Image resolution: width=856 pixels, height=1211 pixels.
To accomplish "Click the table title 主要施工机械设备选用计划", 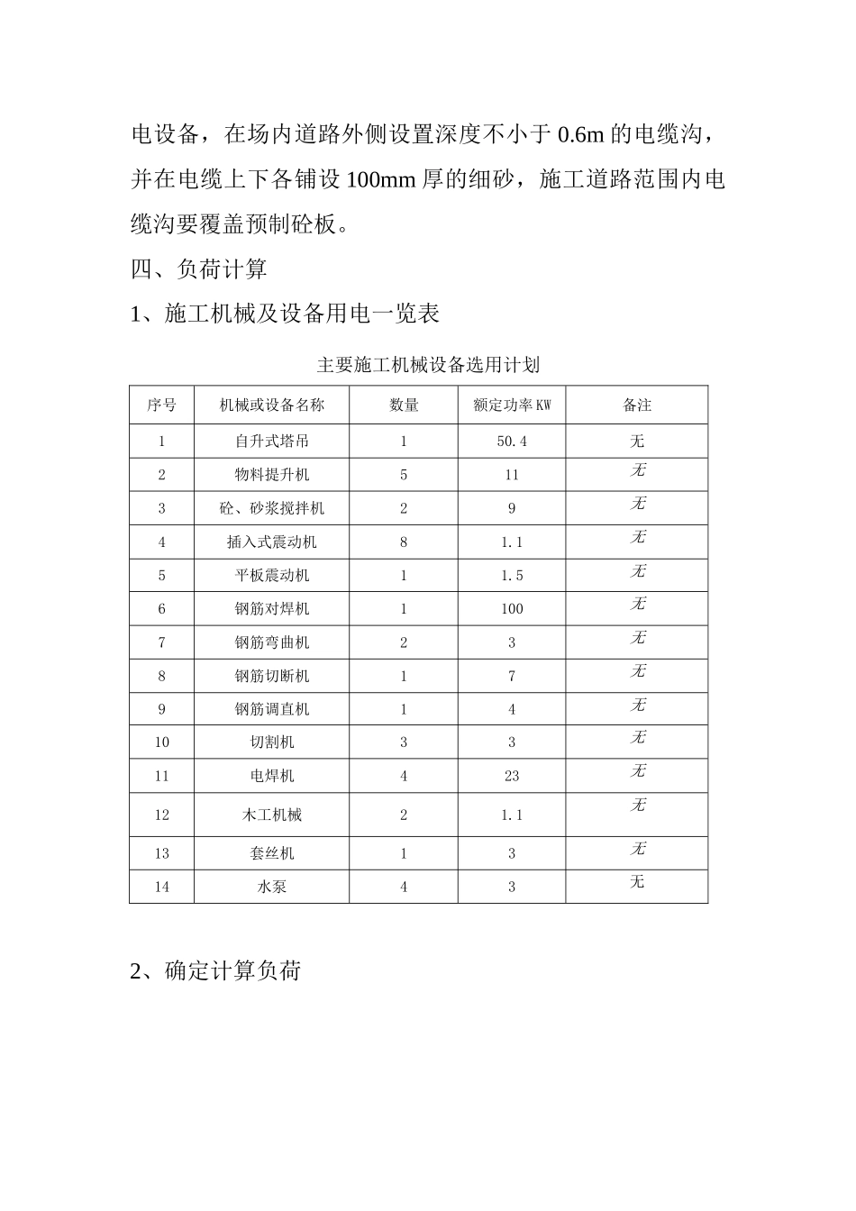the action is click(x=428, y=365).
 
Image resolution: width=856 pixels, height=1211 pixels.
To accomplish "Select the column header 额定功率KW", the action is click(x=512, y=405).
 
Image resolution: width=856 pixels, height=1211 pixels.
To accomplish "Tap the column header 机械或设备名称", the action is click(x=271, y=405).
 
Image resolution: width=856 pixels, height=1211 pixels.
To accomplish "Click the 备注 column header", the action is click(x=637, y=405).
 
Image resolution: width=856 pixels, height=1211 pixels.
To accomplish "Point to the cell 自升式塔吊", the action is click(x=271, y=442).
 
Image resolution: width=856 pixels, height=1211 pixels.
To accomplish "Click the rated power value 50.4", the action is click(x=512, y=442).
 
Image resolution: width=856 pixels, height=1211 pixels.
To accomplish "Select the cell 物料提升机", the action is click(x=271, y=475).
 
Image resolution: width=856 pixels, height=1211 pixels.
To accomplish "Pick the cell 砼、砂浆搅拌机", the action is click(x=271, y=508).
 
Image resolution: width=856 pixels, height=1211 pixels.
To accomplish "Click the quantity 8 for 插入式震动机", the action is click(x=404, y=542).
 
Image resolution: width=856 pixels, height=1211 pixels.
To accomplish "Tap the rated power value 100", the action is click(x=512, y=609).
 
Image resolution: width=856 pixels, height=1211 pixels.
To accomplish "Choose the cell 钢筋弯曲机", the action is click(x=271, y=642).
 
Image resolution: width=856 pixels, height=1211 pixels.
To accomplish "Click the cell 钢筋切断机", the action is click(x=271, y=676).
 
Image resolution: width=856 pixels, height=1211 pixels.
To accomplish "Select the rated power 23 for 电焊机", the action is click(x=512, y=776).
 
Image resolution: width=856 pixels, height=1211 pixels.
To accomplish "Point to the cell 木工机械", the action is click(x=271, y=815).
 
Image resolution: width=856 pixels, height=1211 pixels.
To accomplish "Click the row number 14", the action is click(x=162, y=887).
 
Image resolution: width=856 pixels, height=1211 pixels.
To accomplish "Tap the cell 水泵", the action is click(x=271, y=887).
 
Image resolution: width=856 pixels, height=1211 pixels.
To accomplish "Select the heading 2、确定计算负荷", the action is click(x=215, y=971).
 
